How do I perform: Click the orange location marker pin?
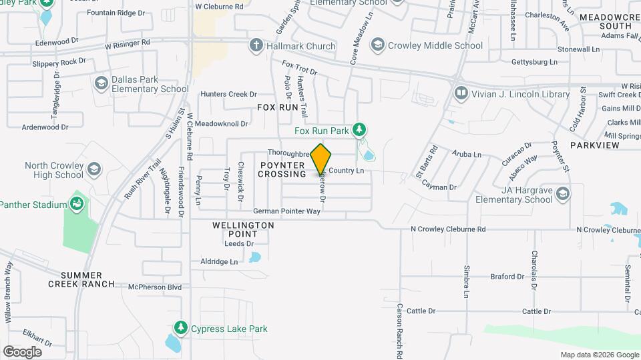[x=321, y=158]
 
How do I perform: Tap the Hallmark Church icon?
[x=255, y=45]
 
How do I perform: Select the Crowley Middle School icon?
[x=378, y=45]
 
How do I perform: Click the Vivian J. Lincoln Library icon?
[x=460, y=93]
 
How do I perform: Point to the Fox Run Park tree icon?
[x=360, y=129]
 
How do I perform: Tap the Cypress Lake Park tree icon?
[x=180, y=328]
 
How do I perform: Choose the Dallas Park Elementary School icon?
[x=101, y=83]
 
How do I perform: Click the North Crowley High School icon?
[x=94, y=169]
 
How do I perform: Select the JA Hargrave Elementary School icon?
[x=563, y=193]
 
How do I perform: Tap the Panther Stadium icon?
[x=76, y=203]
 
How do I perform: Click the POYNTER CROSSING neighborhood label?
[x=282, y=169]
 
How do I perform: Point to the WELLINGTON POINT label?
[x=243, y=229]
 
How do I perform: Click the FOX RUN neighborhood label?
[x=277, y=107]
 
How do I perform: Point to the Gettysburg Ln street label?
[x=533, y=62]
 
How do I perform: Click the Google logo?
[x=22, y=351]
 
